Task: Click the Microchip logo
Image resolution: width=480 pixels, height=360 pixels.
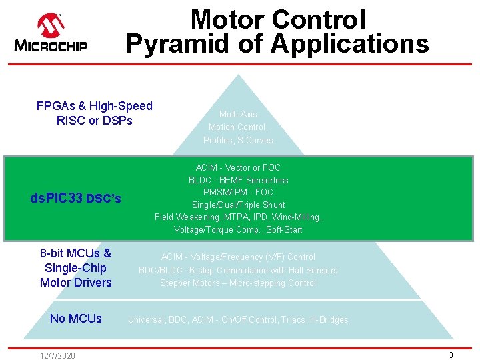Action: point(51,33)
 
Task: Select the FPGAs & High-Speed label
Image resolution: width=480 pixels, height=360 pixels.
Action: point(94,106)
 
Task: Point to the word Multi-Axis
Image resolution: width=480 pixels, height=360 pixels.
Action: point(238,115)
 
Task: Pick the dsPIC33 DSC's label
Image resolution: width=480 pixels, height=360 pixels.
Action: point(76,198)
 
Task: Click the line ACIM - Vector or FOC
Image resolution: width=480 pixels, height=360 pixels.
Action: point(238,167)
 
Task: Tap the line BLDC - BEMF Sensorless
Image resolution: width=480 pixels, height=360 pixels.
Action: point(238,180)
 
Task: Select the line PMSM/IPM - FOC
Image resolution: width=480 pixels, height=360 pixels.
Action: point(238,192)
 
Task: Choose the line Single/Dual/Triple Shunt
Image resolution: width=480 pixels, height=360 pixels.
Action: point(238,205)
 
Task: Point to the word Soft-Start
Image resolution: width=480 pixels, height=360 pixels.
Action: point(284,230)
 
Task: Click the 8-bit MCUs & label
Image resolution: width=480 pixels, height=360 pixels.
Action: point(75,253)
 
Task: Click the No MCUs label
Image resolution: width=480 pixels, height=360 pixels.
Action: point(76,319)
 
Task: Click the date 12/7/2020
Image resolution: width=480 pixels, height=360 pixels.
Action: point(57,355)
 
